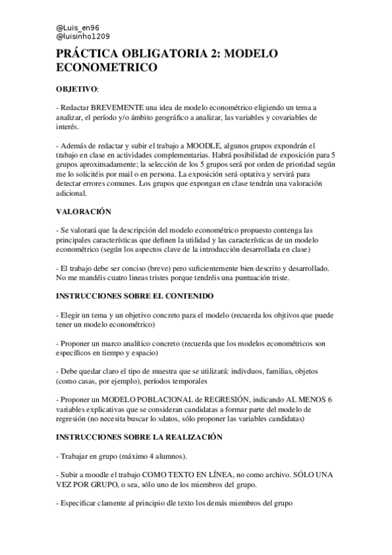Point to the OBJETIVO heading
[x=77, y=88]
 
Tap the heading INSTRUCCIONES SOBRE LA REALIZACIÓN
[x=139, y=437]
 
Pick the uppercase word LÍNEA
[x=235, y=474]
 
